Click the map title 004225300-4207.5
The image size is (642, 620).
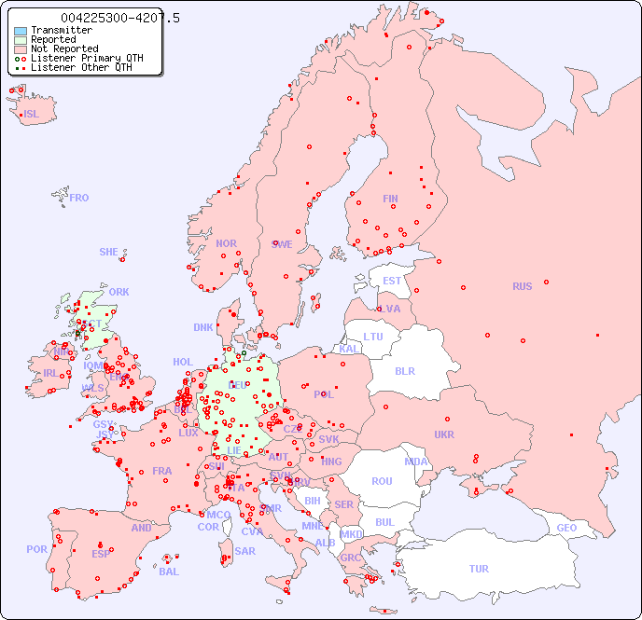[120, 18]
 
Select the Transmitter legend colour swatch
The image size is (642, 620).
[21, 30]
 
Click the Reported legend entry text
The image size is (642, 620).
[53, 39]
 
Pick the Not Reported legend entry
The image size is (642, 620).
[64, 48]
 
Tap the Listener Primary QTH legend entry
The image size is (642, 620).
[87, 58]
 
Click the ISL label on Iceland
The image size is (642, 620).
[31, 115]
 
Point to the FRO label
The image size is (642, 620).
[79, 198]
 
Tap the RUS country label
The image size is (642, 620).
[522, 286]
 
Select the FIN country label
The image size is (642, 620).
[390, 199]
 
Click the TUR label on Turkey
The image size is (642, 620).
[479, 569]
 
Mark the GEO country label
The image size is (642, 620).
[566, 528]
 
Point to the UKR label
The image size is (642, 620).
[443, 434]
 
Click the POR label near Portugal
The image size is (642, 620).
[36, 549]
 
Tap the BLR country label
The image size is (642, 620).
[404, 370]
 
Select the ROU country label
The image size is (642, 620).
[382, 481]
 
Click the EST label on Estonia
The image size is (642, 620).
[392, 281]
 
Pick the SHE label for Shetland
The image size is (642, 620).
[109, 252]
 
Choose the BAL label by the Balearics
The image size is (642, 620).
[169, 572]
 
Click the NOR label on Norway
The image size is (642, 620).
[226, 243]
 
